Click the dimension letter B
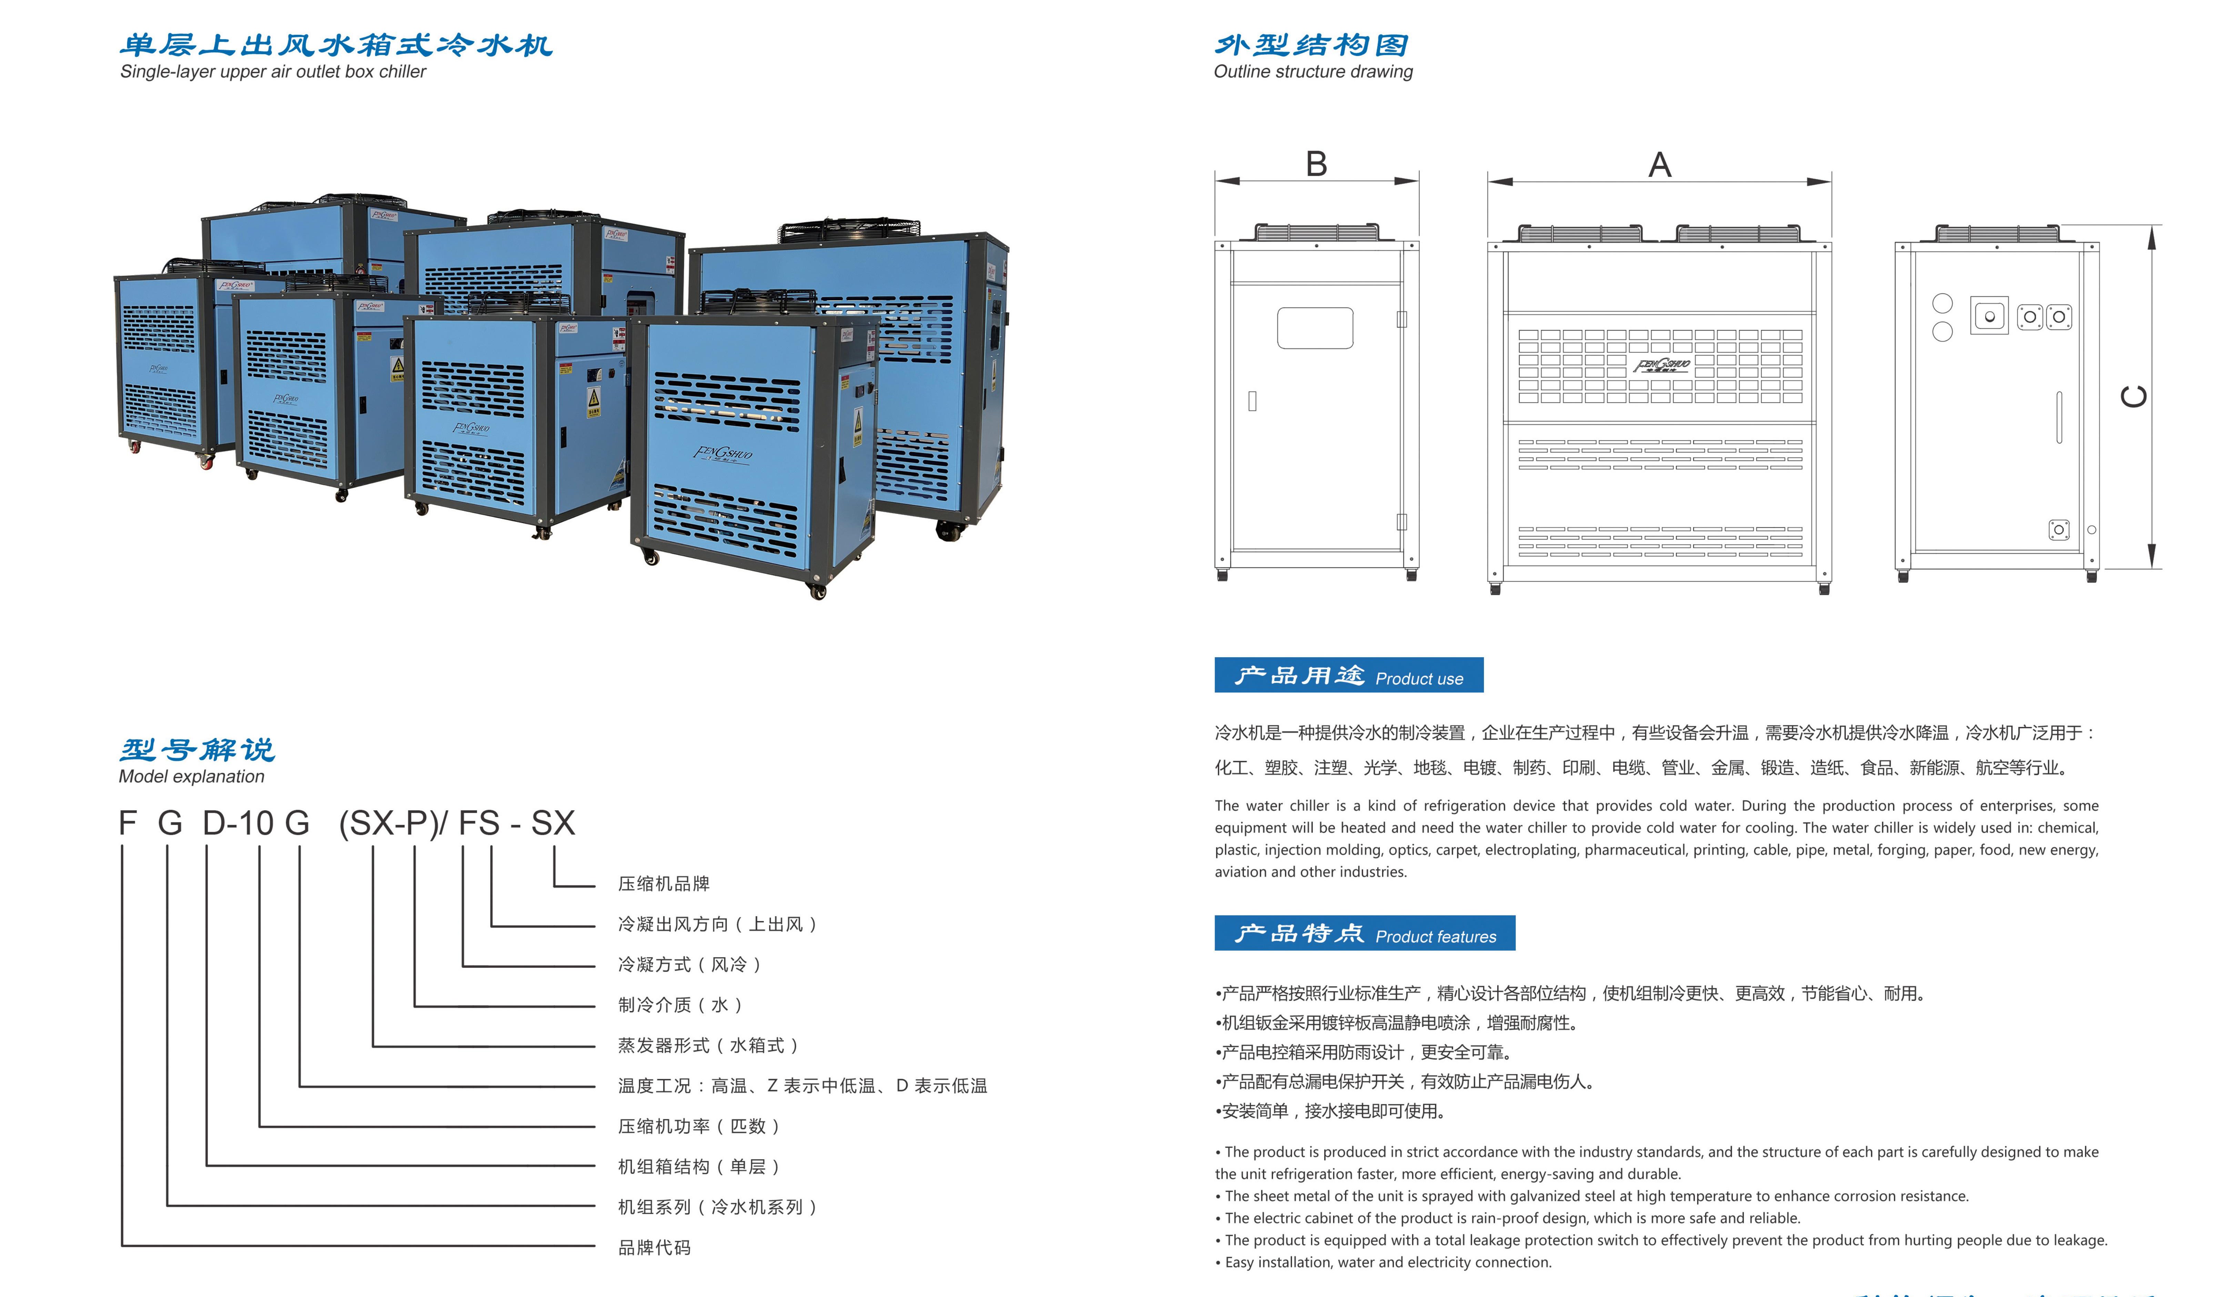(1316, 165)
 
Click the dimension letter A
(1660, 165)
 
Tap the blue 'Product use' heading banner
(1349, 675)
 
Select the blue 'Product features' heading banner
(1365, 933)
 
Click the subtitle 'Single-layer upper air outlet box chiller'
(273, 71)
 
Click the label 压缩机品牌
(663, 884)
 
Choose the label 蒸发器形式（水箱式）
(708, 1046)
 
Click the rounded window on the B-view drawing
(1315, 328)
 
